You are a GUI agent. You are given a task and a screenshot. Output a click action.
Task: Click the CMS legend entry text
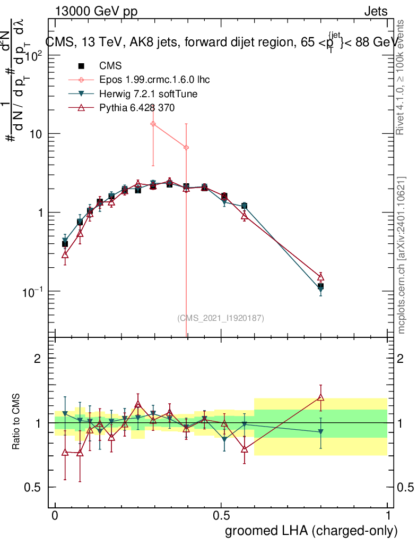coord(110,66)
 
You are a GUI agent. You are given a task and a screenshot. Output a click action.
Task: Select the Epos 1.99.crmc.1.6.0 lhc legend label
coord(154,80)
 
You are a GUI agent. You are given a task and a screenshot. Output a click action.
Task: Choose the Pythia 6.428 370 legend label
coord(137,108)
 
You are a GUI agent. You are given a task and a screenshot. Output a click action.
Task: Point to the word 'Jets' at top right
coord(376,11)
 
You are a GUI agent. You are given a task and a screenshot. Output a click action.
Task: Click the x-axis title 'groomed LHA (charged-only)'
coord(312,531)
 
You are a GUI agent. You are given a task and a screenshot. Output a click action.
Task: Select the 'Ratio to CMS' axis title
coord(17,423)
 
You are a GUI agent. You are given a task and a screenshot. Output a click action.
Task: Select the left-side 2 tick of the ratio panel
coord(38,359)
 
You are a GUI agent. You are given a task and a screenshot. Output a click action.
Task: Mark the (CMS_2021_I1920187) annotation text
coord(220,318)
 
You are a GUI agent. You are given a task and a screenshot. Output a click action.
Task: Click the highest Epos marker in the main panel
coord(153,124)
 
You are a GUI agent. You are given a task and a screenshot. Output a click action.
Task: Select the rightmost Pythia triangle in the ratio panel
coord(320,397)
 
